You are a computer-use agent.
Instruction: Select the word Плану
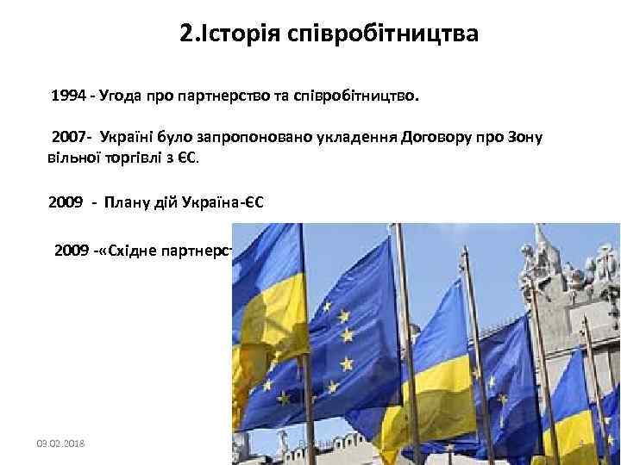tap(129, 202)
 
